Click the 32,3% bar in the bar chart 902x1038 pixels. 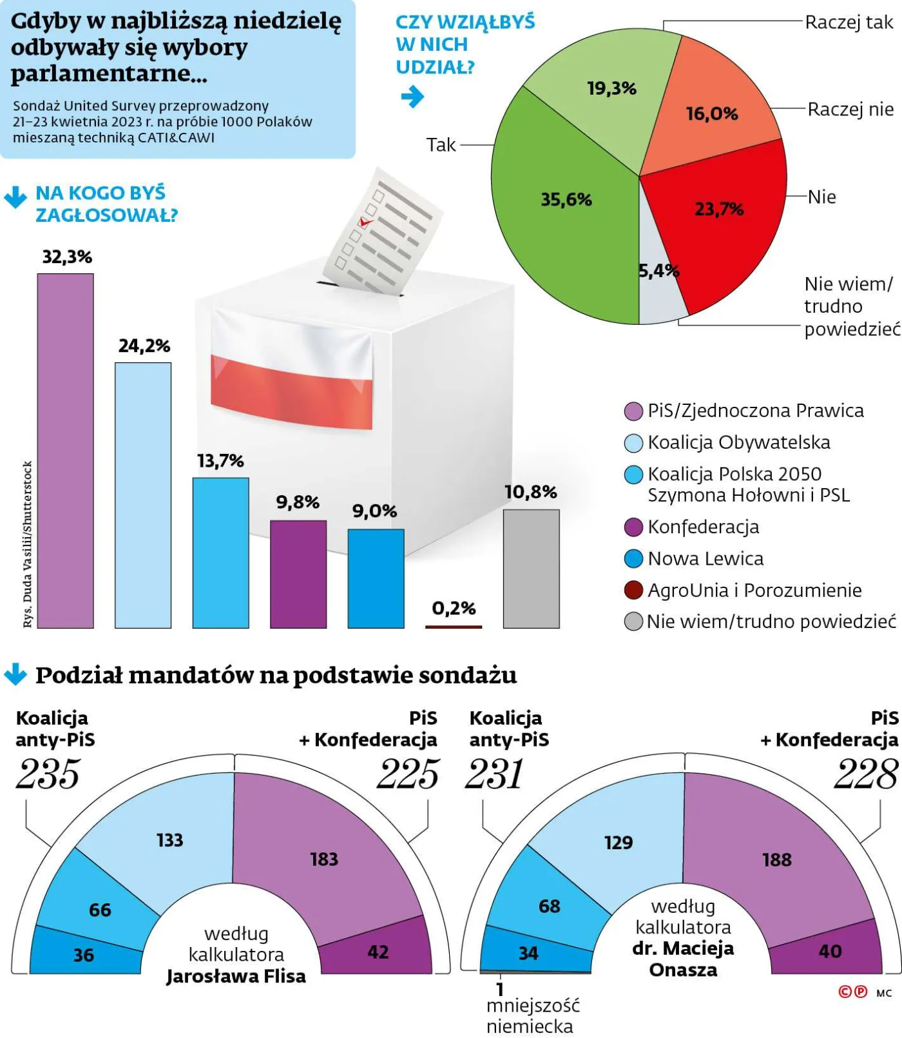point(65,451)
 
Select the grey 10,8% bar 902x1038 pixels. point(531,569)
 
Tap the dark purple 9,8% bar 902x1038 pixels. point(298,574)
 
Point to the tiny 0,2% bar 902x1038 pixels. point(454,626)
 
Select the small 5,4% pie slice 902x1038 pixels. point(660,290)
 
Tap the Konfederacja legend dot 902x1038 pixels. point(634,527)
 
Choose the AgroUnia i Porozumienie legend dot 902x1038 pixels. point(634,590)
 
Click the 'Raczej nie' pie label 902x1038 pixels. point(850,110)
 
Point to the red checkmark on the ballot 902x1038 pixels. point(365,222)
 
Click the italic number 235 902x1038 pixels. point(48,774)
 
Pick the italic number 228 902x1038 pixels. point(865,774)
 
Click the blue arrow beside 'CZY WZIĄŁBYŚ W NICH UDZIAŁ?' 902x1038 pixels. point(412,97)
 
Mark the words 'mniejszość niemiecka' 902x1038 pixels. point(532,1016)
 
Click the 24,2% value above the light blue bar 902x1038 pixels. point(144,346)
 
